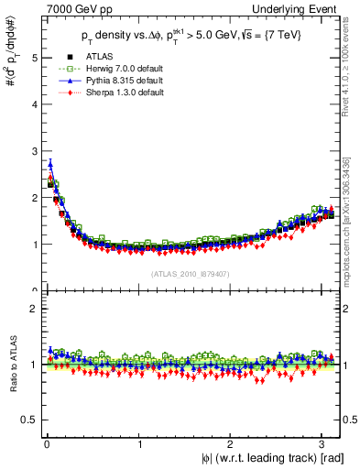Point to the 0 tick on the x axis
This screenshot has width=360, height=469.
tap(46, 446)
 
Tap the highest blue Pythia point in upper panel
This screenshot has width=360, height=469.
tap(50, 165)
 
